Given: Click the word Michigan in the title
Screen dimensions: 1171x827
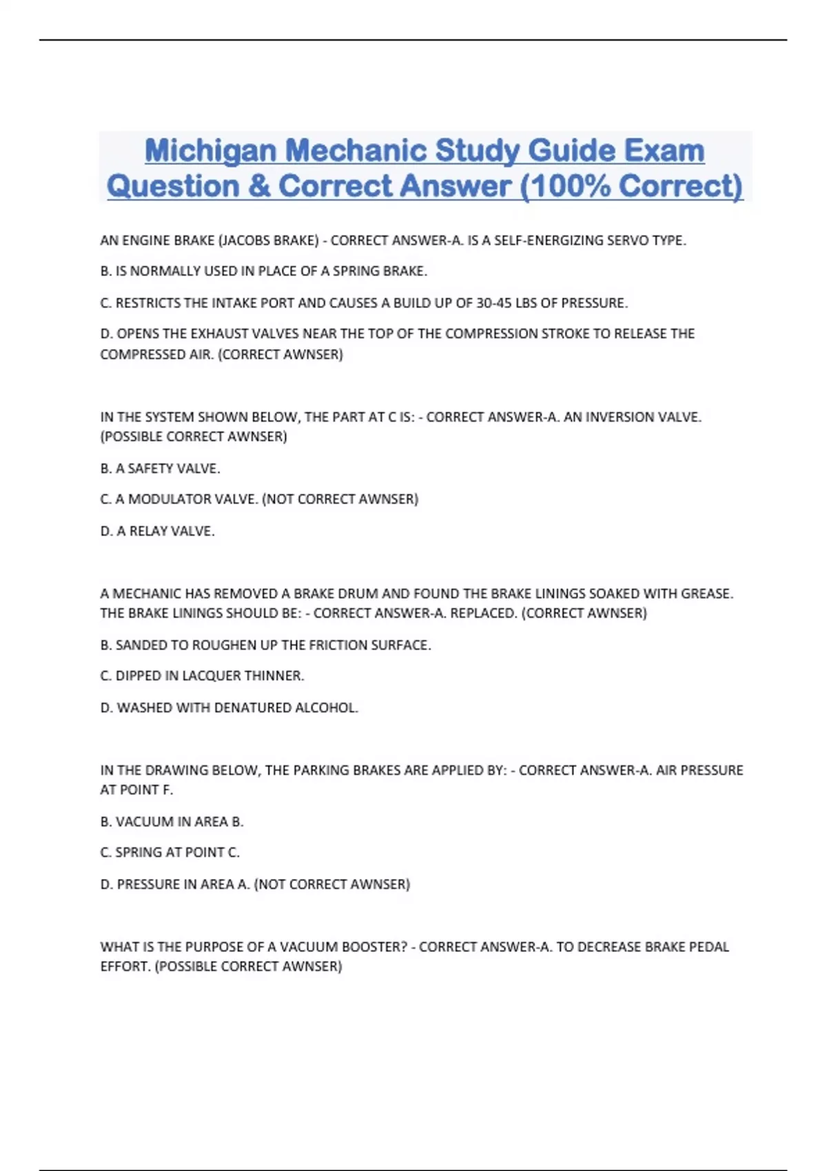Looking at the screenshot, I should tap(210, 151).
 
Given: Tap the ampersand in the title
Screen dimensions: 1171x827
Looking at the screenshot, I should tap(260, 186).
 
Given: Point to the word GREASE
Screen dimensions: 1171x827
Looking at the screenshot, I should tap(706, 594).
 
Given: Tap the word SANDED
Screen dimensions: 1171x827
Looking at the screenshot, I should tap(141, 645).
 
